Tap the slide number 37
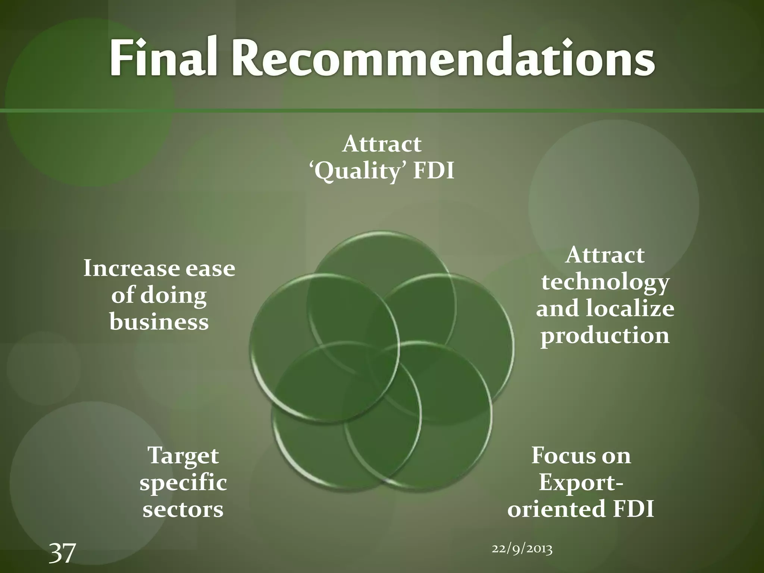click(62, 553)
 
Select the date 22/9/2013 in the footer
click(522, 549)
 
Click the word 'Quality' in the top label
click(357, 172)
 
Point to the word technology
click(605, 283)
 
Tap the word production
click(605, 335)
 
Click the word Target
click(183, 456)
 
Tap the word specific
click(183, 483)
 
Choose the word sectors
click(183, 509)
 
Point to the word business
click(159, 322)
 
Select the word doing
click(173, 296)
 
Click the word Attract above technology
click(605, 256)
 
